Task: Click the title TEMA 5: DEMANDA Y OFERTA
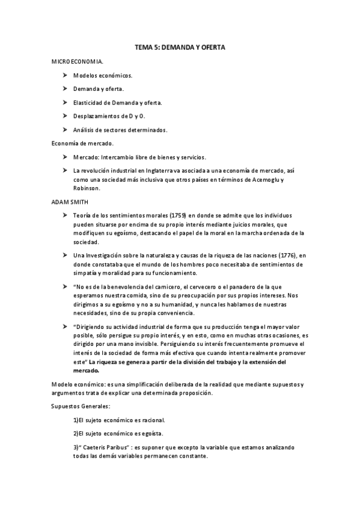point(180,46)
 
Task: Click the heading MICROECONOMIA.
point(78,61)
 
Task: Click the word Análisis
point(84,129)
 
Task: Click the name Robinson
point(86,188)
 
